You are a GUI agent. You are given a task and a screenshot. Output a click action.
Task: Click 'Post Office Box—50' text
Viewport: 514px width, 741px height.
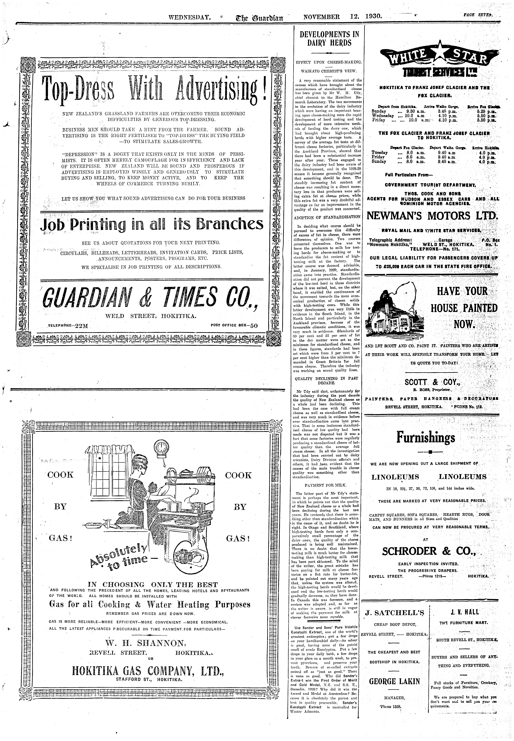click(x=234, y=325)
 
